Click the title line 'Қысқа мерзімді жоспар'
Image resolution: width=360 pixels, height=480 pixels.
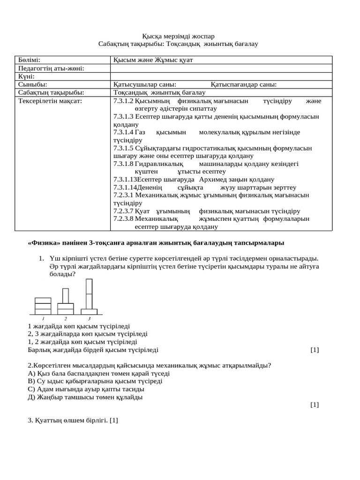pyautogui.click(x=178, y=36)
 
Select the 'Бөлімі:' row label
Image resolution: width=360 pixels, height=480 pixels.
pyautogui.click(x=29, y=60)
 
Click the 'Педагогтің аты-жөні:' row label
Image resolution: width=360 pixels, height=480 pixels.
pyautogui.click(x=52, y=68)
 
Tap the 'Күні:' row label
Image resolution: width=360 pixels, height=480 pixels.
pyautogui.click(x=27, y=76)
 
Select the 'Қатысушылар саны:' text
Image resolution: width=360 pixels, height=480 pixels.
pyautogui.click(x=145, y=84)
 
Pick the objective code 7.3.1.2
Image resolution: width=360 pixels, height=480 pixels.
pyautogui.click(x=124, y=101)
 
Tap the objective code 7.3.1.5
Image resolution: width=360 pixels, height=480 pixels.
pyautogui.click(x=124, y=148)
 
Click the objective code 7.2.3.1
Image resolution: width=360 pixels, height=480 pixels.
pyautogui.click(x=124, y=195)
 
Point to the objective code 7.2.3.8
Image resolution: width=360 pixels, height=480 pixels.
pyautogui.click(x=124, y=218)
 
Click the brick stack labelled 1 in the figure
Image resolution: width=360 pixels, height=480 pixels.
pyautogui.click(x=43, y=306)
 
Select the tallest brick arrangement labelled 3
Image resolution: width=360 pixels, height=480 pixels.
pyautogui.click(x=89, y=296)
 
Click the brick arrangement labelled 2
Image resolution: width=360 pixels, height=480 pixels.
pyautogui.click(x=66, y=302)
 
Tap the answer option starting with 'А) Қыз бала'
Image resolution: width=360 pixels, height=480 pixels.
pyautogui.click(x=98, y=374)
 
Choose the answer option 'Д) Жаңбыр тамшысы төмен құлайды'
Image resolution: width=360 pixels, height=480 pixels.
pyautogui.click(x=85, y=397)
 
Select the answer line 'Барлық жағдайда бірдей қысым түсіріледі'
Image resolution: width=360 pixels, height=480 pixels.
pyautogui.click(x=93, y=350)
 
